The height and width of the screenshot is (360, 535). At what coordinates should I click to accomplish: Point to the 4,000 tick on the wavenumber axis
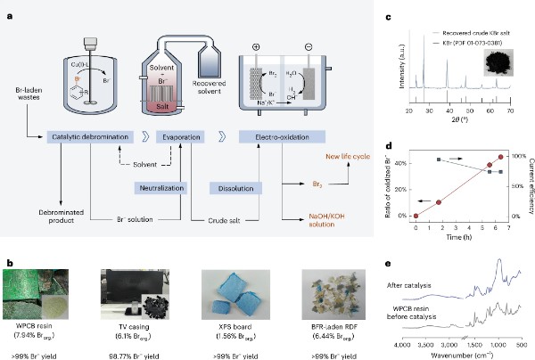[x=401, y=342]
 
